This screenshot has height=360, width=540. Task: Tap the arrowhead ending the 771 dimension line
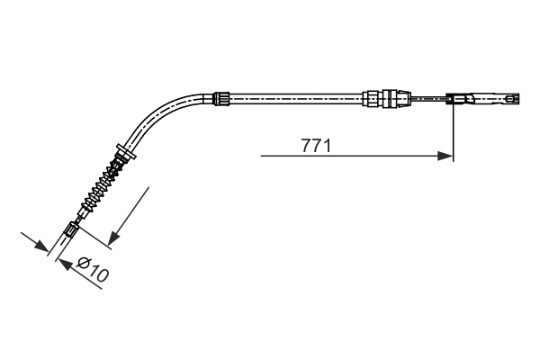coord(445,156)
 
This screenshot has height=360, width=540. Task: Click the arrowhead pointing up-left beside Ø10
coord(62,262)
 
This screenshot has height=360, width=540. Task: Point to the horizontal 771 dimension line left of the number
coord(279,156)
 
